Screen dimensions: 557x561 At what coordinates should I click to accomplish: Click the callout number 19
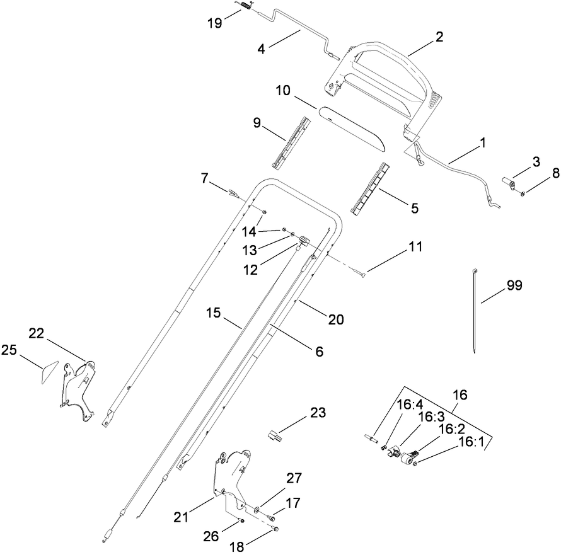[214, 24]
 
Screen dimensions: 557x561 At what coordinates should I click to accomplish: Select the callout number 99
[514, 285]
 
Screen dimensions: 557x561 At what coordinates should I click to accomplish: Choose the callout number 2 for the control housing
[439, 37]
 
